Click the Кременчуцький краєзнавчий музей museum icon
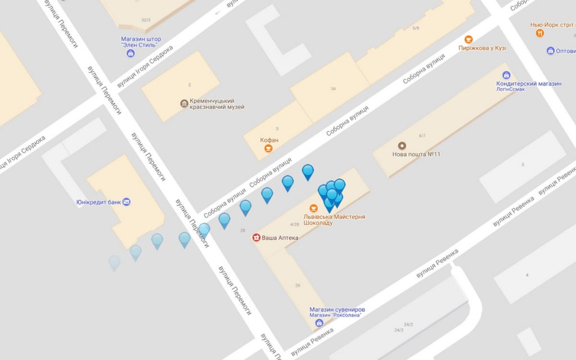click(x=184, y=103)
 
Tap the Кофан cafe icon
click(x=269, y=148)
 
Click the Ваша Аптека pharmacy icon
click(x=256, y=237)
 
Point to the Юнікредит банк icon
click(x=127, y=202)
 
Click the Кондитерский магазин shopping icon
click(x=506, y=75)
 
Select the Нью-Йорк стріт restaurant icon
click(x=540, y=33)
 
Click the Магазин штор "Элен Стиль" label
click(x=141, y=42)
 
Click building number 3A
click(x=333, y=88)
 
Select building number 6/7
click(x=422, y=136)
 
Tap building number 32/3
click(x=146, y=20)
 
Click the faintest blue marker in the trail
click(x=114, y=262)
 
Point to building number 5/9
click(x=416, y=28)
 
